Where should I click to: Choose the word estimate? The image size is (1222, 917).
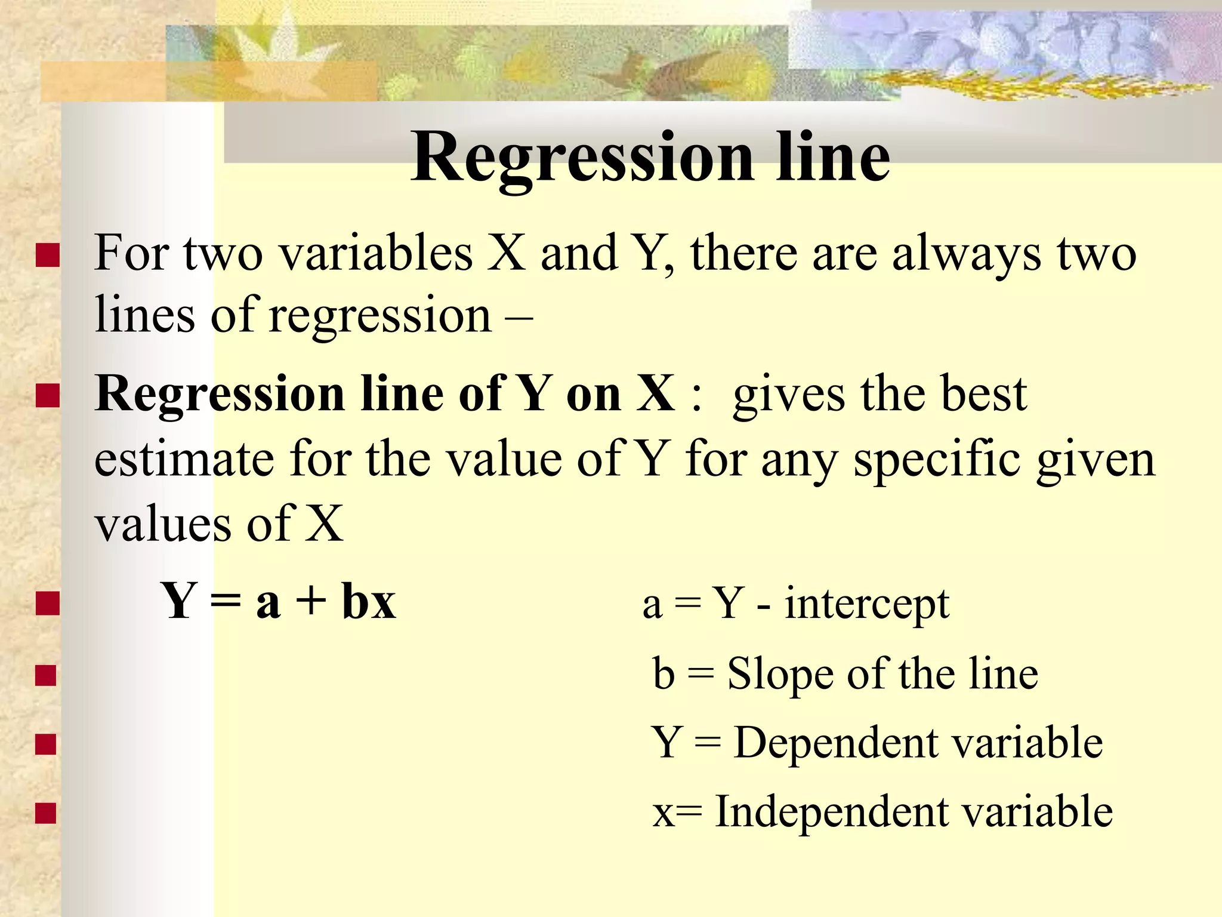click(184, 459)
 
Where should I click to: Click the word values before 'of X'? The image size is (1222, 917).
click(162, 524)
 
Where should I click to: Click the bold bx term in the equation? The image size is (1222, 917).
click(369, 601)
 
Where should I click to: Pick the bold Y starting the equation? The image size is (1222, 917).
click(178, 601)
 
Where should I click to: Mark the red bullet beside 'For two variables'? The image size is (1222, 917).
click(48, 255)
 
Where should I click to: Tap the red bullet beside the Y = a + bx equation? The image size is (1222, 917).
click(48, 602)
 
